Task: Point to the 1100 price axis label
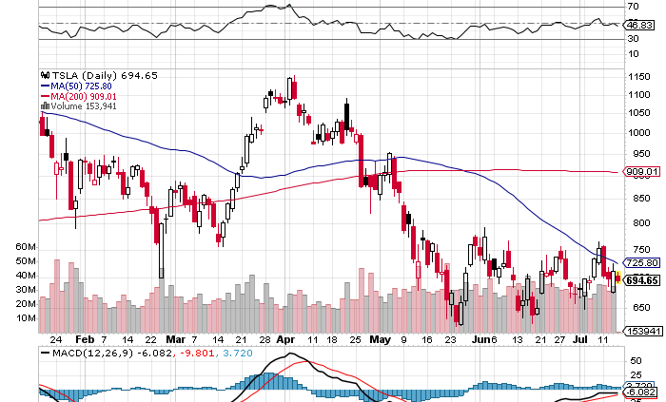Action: (x=638, y=95)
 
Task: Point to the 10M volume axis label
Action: (x=25, y=318)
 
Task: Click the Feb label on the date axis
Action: (x=84, y=338)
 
